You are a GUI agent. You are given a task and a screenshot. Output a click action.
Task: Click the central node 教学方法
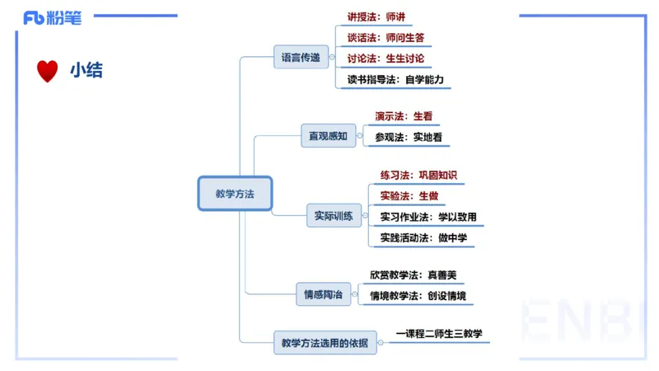point(235,195)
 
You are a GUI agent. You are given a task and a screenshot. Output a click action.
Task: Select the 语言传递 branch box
point(301,58)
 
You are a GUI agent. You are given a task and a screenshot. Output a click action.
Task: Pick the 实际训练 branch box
point(334,217)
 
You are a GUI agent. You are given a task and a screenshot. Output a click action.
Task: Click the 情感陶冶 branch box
point(323,294)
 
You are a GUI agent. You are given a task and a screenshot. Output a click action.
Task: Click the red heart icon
point(48,71)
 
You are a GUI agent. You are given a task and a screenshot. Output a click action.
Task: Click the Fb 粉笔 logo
point(53,17)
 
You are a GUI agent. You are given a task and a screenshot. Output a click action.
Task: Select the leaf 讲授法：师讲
point(376,16)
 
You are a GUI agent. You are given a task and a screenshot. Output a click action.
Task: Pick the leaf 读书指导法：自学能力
point(395,80)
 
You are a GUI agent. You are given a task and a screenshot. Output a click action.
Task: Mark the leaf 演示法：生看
point(404,116)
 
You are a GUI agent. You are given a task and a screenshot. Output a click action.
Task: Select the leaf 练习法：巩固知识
point(418,175)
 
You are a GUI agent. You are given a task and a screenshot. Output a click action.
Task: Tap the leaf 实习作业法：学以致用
point(428,217)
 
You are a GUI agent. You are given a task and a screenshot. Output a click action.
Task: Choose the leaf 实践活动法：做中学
point(423,238)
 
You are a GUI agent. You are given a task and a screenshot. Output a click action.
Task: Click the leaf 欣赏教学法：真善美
point(413,275)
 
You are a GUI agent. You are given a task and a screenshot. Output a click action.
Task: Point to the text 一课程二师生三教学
point(437,334)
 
